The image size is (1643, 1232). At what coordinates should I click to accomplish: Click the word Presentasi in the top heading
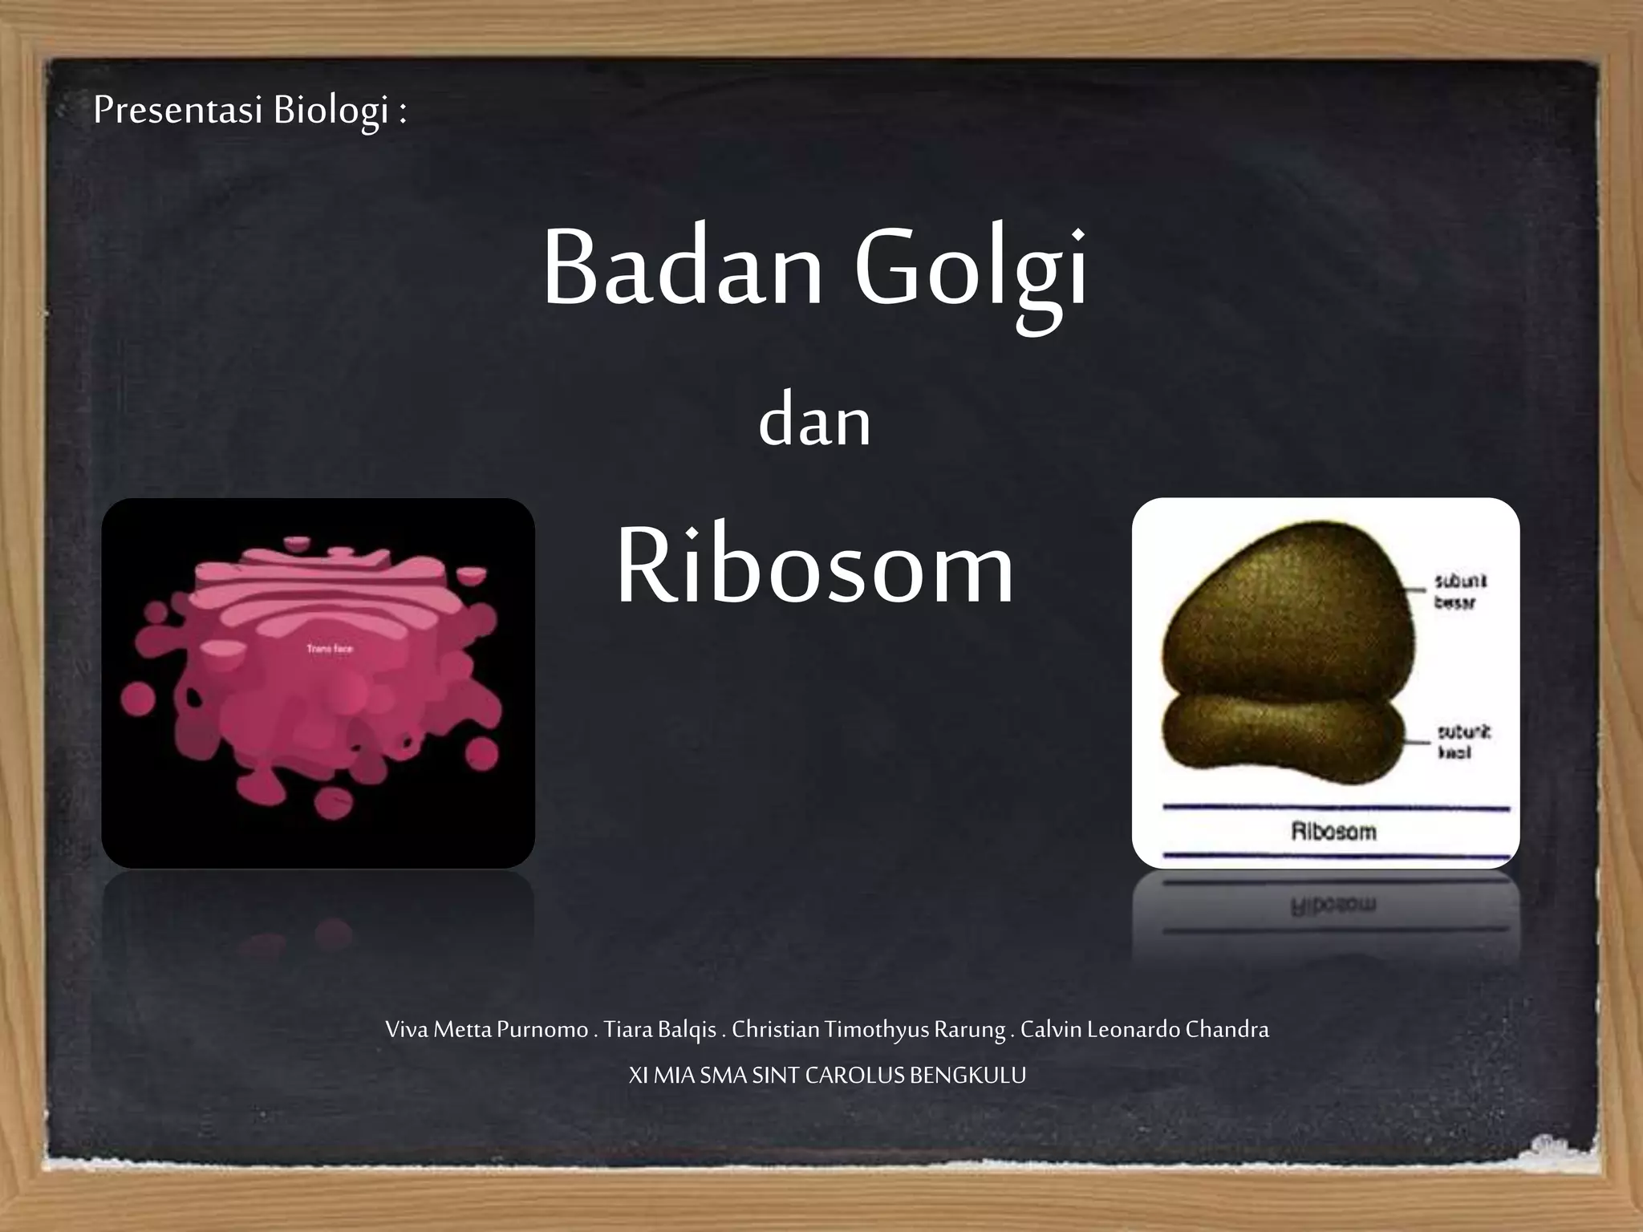tap(178, 110)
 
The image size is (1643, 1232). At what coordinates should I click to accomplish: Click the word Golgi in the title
tap(971, 269)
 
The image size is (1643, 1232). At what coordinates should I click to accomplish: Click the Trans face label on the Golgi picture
tap(330, 648)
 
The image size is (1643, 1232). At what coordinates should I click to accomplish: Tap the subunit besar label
tap(1459, 591)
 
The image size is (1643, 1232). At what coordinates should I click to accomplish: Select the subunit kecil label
tap(1462, 742)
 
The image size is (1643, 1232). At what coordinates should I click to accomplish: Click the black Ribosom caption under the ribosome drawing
tap(1333, 832)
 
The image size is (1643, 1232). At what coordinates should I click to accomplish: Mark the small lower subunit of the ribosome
tap(1284, 738)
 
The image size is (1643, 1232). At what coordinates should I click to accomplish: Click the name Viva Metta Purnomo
tap(486, 1029)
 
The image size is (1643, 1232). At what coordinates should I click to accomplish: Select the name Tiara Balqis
tap(659, 1029)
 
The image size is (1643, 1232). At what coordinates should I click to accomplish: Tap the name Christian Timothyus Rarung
tap(869, 1029)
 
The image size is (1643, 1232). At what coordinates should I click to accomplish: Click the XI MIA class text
tap(662, 1075)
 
